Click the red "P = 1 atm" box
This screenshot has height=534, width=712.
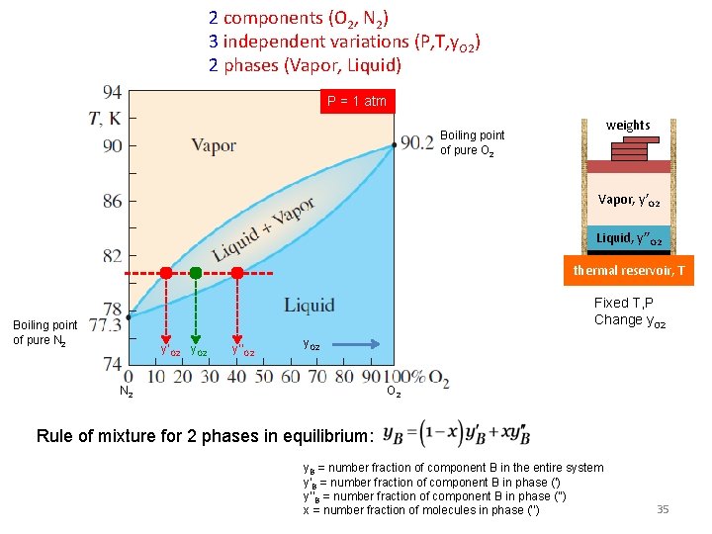(357, 102)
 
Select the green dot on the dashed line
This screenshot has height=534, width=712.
(196, 272)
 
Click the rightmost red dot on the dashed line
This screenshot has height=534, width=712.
(237, 272)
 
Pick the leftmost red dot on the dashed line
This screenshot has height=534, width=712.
(166, 272)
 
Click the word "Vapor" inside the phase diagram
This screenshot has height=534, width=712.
(214, 145)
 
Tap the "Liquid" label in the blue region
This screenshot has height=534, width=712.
(310, 305)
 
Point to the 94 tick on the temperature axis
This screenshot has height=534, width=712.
(112, 92)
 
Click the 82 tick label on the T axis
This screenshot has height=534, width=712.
(112, 256)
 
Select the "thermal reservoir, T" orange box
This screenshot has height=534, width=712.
(629, 270)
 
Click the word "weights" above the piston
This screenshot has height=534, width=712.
(628, 126)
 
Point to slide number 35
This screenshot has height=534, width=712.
(663, 509)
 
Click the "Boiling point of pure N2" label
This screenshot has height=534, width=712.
(44, 332)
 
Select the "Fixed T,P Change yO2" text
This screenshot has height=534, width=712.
(630, 311)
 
